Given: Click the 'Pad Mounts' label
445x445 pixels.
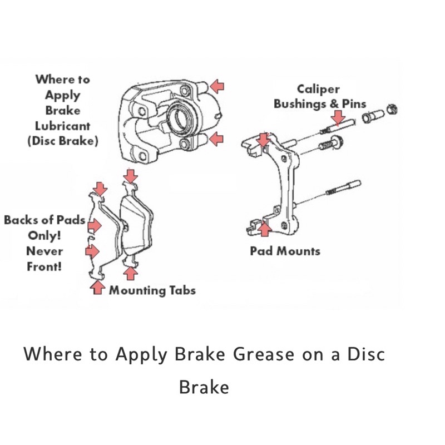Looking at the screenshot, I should pyautogui.click(x=285, y=251).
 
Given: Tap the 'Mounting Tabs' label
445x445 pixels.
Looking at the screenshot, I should pyautogui.click(x=152, y=290).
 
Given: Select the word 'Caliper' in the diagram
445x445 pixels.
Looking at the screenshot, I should pyautogui.click(x=318, y=89).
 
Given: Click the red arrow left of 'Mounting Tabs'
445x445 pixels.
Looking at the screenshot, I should pyautogui.click(x=98, y=287).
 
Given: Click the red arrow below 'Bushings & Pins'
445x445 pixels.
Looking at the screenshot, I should pyautogui.click(x=337, y=117).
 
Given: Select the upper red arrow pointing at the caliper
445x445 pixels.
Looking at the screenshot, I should pyautogui.click(x=217, y=86).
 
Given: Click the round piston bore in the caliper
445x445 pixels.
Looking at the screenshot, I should pyautogui.click(x=180, y=118).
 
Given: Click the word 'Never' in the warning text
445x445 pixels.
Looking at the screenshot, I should pyautogui.click(x=44, y=251).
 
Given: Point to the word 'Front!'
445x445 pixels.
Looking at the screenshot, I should pyautogui.click(x=44, y=266).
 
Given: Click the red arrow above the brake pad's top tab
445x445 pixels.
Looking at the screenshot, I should pyautogui.click(x=130, y=177).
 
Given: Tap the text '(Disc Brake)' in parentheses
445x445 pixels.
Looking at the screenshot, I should pyautogui.click(x=62, y=141).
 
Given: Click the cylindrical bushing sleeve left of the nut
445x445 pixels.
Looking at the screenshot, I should pyautogui.click(x=370, y=117).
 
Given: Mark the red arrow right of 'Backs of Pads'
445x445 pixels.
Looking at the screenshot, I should pyautogui.click(x=95, y=225).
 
